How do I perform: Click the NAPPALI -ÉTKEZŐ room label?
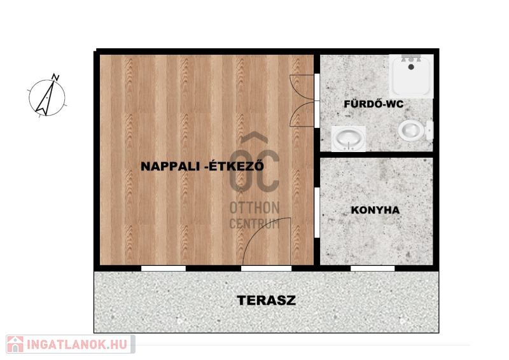tap(202, 166)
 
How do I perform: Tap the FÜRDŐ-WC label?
tap(373, 104)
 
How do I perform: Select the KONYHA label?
tap(375, 210)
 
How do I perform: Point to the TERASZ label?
tap(267, 300)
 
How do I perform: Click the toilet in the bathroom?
tap(415, 130)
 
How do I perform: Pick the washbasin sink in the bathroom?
tap(349, 139)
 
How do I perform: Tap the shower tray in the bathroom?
tap(411, 76)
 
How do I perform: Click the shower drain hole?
tap(411, 67)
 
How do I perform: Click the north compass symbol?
tap(47, 96)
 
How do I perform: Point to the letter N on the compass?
tap(56, 77)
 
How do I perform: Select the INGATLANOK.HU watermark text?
tap(76, 345)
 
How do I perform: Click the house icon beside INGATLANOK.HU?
tap(15, 344)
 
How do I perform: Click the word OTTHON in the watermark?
tap(254, 208)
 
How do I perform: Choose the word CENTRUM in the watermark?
tap(254, 224)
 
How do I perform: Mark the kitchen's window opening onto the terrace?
tap(373, 268)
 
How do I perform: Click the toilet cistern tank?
tap(430, 130)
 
